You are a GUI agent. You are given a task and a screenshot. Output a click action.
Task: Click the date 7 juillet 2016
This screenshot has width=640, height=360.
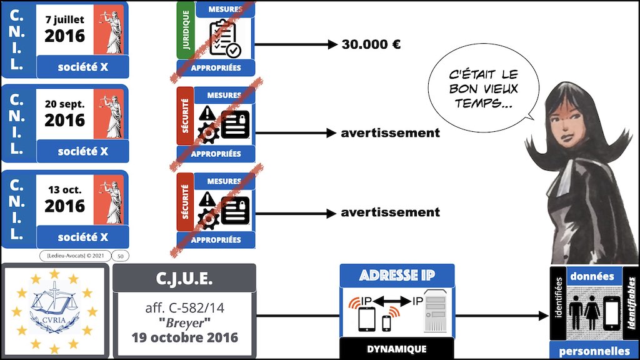(64, 29)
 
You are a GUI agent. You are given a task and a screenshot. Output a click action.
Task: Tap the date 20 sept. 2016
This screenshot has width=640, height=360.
(64, 114)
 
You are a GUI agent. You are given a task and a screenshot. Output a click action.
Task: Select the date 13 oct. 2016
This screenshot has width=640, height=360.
(64, 199)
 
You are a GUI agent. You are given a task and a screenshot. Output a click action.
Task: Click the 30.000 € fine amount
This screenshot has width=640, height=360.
(371, 44)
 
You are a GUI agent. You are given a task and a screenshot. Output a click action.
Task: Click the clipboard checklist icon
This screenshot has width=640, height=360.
(225, 39)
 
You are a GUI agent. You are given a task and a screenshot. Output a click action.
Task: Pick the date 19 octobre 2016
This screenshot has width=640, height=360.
(184, 338)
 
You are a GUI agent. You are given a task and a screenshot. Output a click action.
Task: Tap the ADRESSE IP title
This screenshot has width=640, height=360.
(397, 276)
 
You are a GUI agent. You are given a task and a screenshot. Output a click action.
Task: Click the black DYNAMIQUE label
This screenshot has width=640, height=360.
(397, 349)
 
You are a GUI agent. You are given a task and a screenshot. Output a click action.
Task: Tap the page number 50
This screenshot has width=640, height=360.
(119, 256)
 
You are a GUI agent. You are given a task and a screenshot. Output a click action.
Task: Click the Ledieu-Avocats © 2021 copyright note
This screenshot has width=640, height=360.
(74, 256)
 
